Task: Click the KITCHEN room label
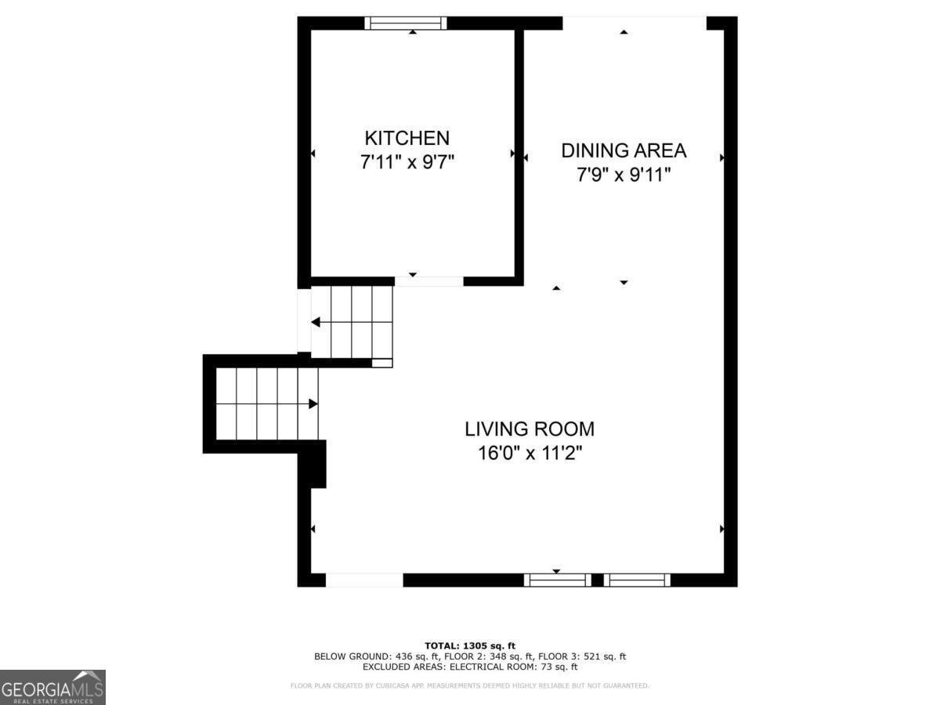[407, 139]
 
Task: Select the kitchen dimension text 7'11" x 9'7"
[407, 163]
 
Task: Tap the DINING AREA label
[624, 150]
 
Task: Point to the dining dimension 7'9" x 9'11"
[624, 175]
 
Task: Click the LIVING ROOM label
[530, 429]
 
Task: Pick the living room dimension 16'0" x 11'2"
[530, 453]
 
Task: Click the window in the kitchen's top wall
[406, 23]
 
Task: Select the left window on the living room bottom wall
[557, 580]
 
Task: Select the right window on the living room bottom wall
[637, 580]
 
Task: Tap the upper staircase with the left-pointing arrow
[352, 322]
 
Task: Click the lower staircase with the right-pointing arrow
[267, 403]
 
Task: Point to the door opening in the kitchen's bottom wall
[428, 281]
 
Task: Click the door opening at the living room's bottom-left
[364, 580]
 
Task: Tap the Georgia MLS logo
[52, 687]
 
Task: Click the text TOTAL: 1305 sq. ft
[470, 645]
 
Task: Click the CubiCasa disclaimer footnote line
[470, 686]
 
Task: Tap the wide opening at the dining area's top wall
[634, 23]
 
